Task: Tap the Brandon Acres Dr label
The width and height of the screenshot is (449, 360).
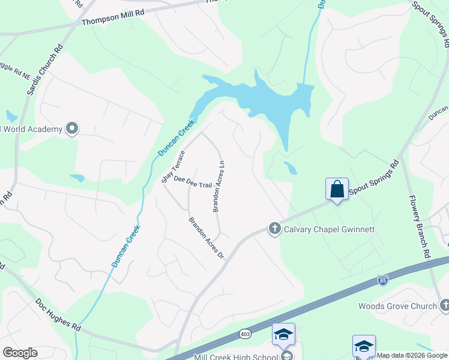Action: coord(206,238)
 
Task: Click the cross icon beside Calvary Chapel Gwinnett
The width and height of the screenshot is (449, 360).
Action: coord(275,229)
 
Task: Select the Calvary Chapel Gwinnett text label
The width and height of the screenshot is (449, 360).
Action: coord(329,229)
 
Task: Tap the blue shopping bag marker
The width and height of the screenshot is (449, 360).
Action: coord(337,189)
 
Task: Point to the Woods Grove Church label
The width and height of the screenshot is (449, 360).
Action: coord(397,306)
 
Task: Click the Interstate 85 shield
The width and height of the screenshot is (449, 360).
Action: coord(383,280)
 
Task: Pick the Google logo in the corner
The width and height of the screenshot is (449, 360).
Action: coord(20,352)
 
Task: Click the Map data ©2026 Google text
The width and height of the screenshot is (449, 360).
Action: coord(412,356)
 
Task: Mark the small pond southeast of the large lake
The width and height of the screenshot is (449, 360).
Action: coord(291,168)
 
